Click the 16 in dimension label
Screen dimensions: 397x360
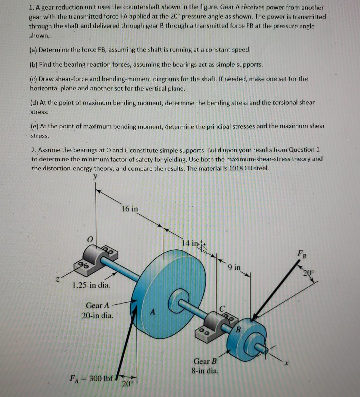[x=130, y=209]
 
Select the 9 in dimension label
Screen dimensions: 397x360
[x=234, y=267]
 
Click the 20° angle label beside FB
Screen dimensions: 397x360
[x=309, y=273]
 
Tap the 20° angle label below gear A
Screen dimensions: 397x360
[x=127, y=383]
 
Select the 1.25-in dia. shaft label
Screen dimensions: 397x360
[x=91, y=285]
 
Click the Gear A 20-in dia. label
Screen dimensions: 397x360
[x=98, y=310]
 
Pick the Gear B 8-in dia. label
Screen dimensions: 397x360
[x=205, y=366]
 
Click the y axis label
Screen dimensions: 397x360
[x=96, y=177]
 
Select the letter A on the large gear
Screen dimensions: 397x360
[x=153, y=312]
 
